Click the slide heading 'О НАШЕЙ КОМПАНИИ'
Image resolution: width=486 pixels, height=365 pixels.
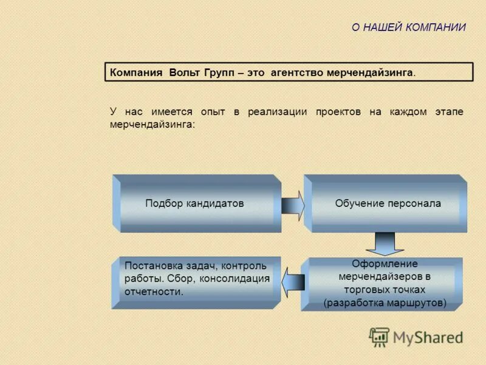click(x=409, y=27)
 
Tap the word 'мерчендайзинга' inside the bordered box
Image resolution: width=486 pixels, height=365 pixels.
click(x=370, y=73)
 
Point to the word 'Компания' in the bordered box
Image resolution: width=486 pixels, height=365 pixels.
click(x=136, y=73)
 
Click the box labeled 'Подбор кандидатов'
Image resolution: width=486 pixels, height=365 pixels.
click(x=194, y=204)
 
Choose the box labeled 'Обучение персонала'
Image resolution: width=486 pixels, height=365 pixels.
click(x=388, y=204)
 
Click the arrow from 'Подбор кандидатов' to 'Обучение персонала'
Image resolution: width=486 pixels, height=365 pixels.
click(x=293, y=204)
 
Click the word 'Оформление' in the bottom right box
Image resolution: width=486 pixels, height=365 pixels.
click(x=385, y=264)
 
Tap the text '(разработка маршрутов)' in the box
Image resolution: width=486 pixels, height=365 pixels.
click(x=385, y=302)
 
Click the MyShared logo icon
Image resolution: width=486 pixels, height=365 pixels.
click(x=379, y=336)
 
